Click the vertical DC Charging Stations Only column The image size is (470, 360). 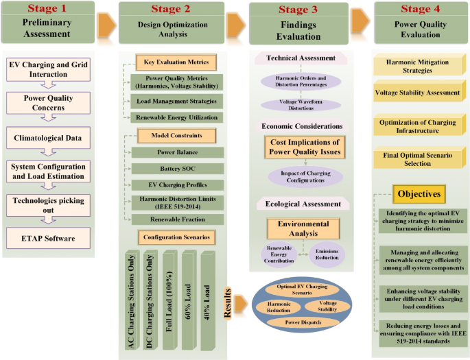click(x=150, y=302)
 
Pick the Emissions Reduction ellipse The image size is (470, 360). click(x=327, y=254)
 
